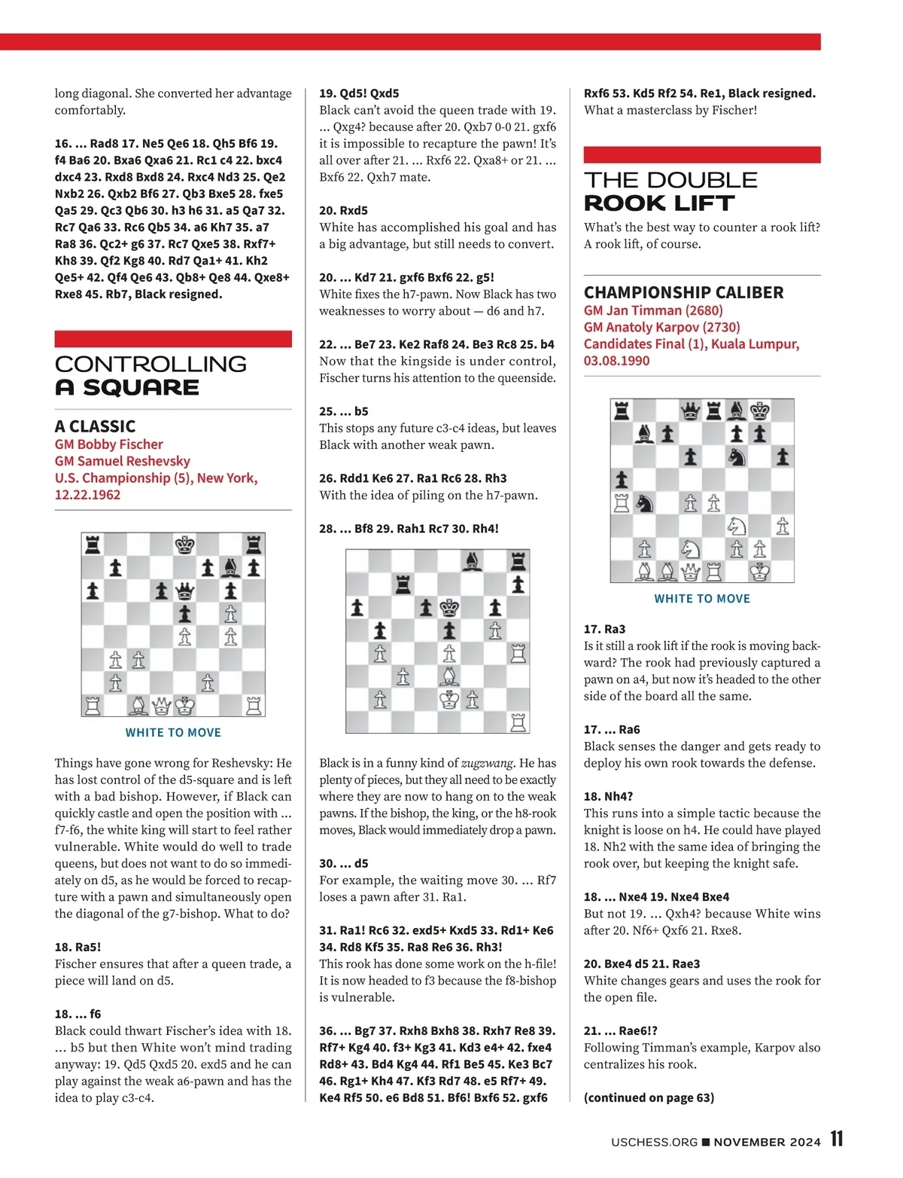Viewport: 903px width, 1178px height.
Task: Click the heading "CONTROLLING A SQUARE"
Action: coord(150,375)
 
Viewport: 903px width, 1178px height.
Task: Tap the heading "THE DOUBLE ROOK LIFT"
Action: coord(670,191)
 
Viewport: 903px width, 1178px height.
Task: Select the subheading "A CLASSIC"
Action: coord(95,426)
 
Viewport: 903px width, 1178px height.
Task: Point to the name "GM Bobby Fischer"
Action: coord(108,444)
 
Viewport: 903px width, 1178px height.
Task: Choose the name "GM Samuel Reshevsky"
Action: coord(122,461)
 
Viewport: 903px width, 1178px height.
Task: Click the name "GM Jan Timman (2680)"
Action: coord(652,310)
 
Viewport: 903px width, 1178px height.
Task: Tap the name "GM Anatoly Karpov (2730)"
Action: coord(661,327)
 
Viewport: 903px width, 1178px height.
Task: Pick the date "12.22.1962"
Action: coord(87,495)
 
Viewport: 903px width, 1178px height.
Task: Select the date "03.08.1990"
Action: coord(616,360)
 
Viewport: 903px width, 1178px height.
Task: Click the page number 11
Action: coord(837,1140)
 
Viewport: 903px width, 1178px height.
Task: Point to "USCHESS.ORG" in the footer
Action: coord(654,1142)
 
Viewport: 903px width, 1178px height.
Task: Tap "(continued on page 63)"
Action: coord(649,1097)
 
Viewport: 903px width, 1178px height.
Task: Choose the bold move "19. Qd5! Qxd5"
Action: coord(359,93)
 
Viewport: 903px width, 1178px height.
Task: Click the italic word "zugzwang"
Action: coord(482,763)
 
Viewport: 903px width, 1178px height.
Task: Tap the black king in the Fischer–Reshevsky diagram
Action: coord(184,545)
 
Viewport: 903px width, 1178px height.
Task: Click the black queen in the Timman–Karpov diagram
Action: coord(690,411)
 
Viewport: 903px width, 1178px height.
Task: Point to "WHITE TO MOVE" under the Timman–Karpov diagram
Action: coord(702,599)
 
